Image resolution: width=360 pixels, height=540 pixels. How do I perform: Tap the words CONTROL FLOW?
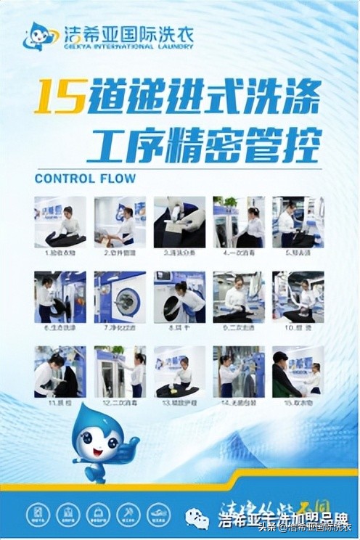(x=85, y=178)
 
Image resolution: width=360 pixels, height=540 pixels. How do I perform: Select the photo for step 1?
(x=60, y=221)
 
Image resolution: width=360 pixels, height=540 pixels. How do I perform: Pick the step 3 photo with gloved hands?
(x=179, y=221)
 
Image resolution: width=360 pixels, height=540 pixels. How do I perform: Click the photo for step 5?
(x=298, y=221)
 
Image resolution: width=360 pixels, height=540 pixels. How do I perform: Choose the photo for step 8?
(x=179, y=296)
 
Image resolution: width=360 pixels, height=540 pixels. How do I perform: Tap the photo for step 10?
(x=298, y=296)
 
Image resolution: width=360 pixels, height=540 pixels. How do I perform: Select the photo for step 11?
(x=60, y=371)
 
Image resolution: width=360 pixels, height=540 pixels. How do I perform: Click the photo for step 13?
(x=179, y=371)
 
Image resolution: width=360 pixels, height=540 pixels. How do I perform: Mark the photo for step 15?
(x=298, y=371)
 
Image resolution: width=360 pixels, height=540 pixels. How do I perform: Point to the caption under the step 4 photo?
(x=238, y=253)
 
